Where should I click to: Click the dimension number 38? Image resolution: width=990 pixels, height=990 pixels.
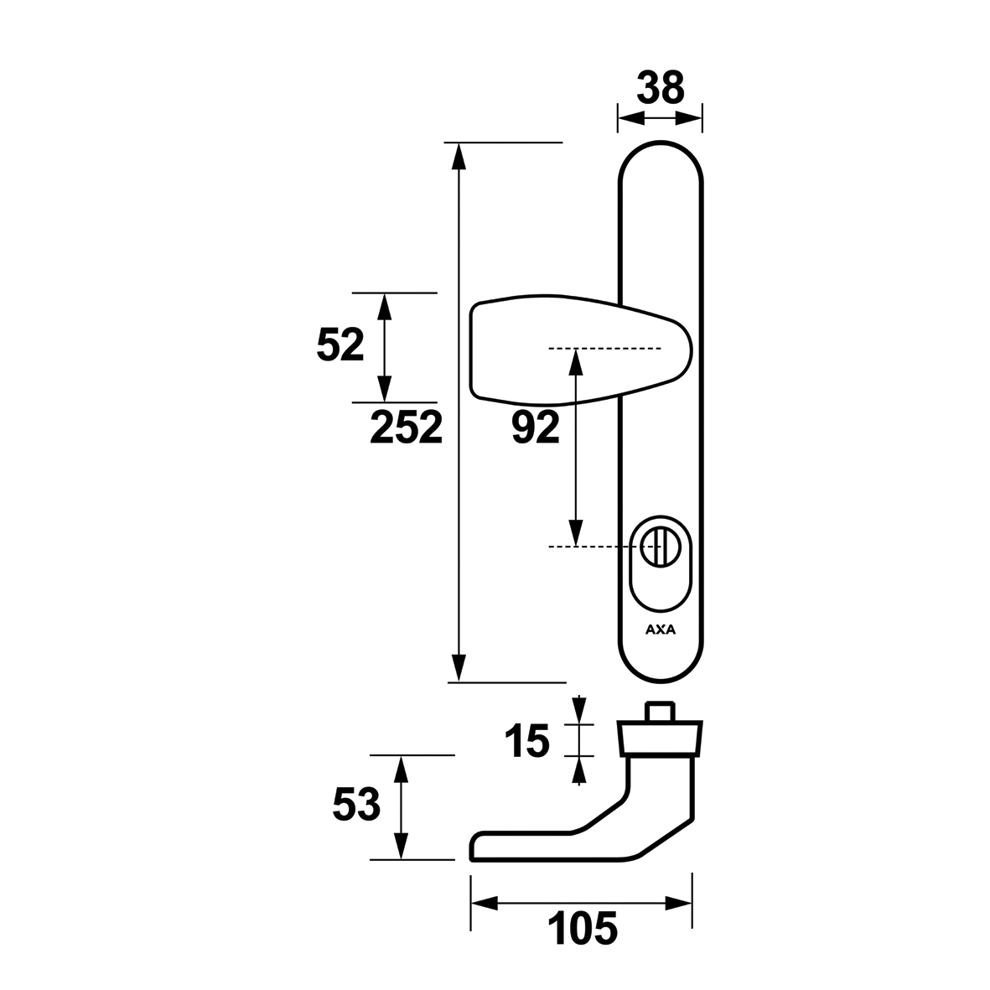tap(660, 88)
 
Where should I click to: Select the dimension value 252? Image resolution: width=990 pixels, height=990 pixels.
tap(406, 428)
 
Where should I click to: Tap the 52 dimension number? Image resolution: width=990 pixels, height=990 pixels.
tap(340, 345)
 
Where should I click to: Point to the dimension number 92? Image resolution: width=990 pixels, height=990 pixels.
tap(536, 428)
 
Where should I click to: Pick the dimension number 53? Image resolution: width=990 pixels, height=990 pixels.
tap(356, 805)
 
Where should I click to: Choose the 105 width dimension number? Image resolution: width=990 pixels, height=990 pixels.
tap(582, 929)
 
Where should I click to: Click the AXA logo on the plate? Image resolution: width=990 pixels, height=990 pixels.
tap(661, 630)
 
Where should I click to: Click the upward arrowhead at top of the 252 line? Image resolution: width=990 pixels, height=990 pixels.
tap(459, 157)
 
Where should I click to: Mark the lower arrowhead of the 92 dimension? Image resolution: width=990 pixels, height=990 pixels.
tap(575, 531)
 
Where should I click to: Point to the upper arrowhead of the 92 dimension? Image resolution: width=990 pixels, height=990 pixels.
tap(575, 362)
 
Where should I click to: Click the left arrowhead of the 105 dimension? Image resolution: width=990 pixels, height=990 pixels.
tap(485, 904)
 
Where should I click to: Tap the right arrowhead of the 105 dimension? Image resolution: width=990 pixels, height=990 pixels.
tap(679, 904)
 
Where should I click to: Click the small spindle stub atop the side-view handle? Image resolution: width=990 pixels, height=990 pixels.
tap(660, 712)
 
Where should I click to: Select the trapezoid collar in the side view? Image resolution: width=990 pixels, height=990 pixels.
tap(660, 739)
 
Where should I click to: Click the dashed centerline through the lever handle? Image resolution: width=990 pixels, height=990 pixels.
tap(605, 349)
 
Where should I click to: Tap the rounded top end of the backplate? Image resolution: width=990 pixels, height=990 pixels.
tap(660, 143)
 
